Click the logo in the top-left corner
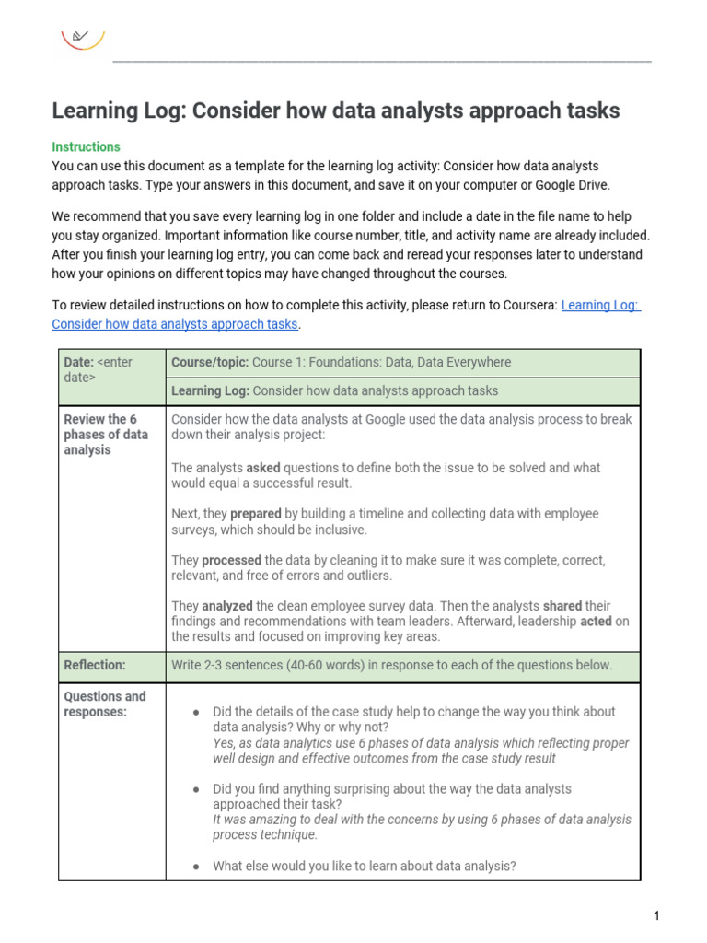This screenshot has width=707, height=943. [82, 38]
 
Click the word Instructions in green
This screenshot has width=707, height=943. [86, 146]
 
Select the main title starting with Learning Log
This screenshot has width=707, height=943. [336, 111]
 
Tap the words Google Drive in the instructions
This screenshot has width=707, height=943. [569, 185]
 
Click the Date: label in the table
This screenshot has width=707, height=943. [78, 362]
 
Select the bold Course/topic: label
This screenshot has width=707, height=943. [210, 362]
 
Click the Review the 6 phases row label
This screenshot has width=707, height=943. [105, 434]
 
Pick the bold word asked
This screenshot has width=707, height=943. [263, 468]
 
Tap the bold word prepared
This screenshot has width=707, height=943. [255, 514]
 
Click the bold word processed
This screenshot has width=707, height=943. [231, 560]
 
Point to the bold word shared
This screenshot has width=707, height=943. [563, 606]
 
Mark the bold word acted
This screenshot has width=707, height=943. [596, 622]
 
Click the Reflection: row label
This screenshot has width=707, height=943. [94, 665]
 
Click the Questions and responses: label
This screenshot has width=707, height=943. [104, 704]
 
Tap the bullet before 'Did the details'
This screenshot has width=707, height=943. [195, 712]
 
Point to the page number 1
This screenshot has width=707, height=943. [656, 915]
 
